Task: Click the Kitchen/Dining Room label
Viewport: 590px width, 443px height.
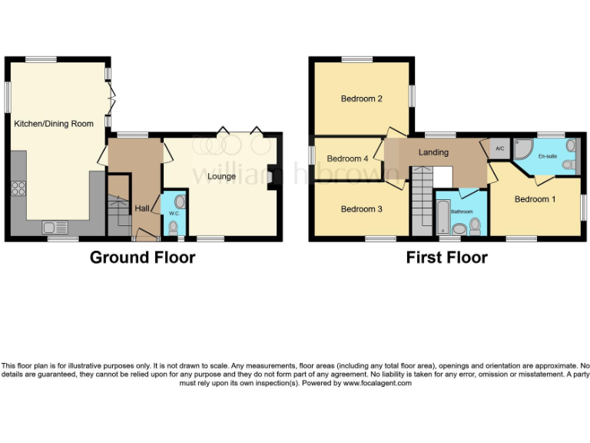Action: tap(54, 124)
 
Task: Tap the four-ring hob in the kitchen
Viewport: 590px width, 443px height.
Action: tap(18, 190)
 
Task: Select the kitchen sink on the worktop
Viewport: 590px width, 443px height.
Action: tap(55, 226)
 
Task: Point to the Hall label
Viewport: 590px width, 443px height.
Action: tap(143, 208)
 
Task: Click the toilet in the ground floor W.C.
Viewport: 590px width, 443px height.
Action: tap(174, 227)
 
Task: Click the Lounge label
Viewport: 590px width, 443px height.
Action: tap(222, 176)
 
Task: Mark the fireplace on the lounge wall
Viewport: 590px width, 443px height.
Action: tap(272, 174)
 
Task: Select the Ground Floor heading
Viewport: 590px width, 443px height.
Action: tap(142, 257)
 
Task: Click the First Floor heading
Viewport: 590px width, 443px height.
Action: tap(446, 257)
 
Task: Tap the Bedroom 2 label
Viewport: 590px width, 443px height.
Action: tap(362, 98)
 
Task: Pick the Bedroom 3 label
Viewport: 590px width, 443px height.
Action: tap(361, 209)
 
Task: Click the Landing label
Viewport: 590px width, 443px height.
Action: tap(433, 152)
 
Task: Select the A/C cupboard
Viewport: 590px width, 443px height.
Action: tap(499, 148)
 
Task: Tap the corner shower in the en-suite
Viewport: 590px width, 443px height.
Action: tap(524, 149)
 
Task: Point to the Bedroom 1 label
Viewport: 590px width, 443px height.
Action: tap(535, 199)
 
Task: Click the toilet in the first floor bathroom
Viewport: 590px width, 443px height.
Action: tap(475, 225)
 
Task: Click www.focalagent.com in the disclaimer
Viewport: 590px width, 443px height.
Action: tap(377, 383)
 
